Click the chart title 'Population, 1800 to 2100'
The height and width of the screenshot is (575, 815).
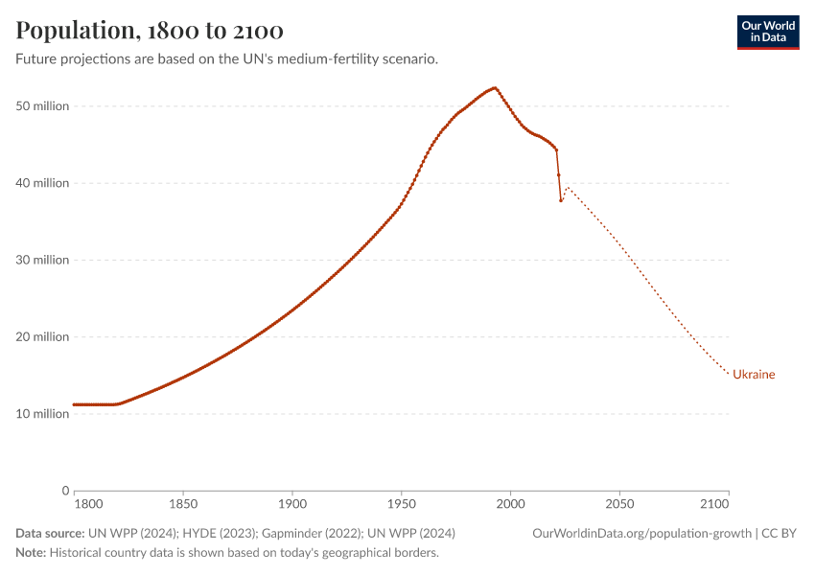pos(150,31)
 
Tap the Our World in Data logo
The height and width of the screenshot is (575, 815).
pos(767,32)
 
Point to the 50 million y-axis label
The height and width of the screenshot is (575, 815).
pos(42,106)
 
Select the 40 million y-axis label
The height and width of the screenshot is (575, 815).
pos(42,183)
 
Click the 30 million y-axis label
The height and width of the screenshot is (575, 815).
pos(42,260)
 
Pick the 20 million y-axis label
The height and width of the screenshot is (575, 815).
pos(42,336)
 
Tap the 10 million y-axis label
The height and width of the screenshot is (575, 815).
pos(42,413)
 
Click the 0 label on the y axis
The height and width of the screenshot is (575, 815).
pos(64,490)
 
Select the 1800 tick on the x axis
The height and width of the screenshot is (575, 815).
pos(87,503)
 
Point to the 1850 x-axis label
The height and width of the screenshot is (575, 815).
pos(182,503)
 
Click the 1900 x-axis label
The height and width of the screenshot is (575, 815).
pos(291,503)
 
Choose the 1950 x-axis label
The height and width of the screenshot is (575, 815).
pos(401,503)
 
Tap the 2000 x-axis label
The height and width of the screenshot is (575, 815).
pos(510,503)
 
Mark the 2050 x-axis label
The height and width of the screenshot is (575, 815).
pos(619,503)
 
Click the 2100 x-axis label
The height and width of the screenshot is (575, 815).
pos(714,503)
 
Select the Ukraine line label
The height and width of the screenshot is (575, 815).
pos(754,375)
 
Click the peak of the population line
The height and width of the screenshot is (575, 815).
pos(495,88)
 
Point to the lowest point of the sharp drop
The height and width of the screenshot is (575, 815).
pos(561,200)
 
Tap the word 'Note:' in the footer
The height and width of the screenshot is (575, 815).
pos(31,553)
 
